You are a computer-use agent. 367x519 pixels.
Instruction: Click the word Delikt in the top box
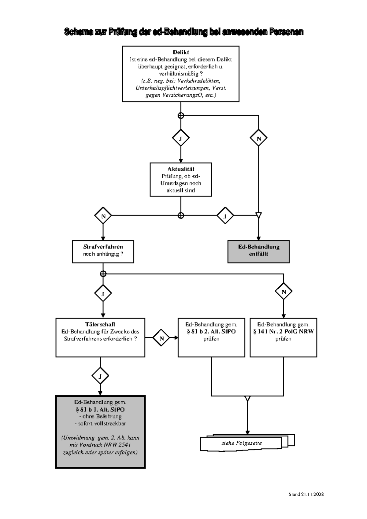point(181,52)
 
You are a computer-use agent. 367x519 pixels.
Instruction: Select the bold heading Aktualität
point(181,169)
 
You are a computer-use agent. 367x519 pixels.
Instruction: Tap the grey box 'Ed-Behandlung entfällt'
point(258,252)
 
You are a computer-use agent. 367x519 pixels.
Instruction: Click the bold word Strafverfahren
point(103,247)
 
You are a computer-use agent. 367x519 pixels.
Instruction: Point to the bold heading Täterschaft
point(100,324)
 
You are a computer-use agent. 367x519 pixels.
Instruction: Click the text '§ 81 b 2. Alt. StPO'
point(211,332)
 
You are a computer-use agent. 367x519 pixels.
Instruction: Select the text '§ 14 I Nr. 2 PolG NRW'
point(283,332)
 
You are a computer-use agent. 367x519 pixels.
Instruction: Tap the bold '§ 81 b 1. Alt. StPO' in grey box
point(100,410)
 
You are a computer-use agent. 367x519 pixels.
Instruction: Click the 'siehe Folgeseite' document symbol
point(242,443)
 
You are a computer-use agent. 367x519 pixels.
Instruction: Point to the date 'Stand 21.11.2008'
point(306,494)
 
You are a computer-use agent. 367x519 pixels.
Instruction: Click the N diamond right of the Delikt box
point(258,138)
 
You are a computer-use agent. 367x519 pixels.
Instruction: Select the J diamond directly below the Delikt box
point(181,138)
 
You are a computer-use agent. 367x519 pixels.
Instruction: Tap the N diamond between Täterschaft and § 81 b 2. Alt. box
point(161,338)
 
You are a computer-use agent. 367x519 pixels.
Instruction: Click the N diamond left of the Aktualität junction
point(103,216)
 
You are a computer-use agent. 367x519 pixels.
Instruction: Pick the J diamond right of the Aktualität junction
point(225,216)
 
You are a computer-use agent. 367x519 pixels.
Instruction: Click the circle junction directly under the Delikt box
point(181,116)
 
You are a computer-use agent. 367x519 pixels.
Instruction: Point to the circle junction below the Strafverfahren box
point(103,274)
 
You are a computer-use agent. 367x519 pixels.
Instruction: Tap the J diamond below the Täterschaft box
point(100,376)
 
